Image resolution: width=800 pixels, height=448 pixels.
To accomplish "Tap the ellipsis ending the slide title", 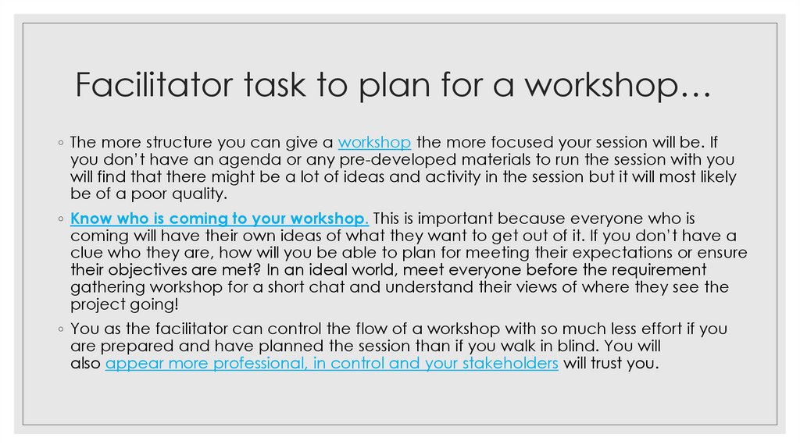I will (692, 85).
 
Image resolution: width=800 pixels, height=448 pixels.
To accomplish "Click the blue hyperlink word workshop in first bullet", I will (375, 143).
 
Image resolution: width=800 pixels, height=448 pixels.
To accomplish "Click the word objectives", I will (145, 269).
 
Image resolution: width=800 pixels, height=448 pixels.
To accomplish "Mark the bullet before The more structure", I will (60, 144).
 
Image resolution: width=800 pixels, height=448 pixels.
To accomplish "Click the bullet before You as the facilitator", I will (60, 329).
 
